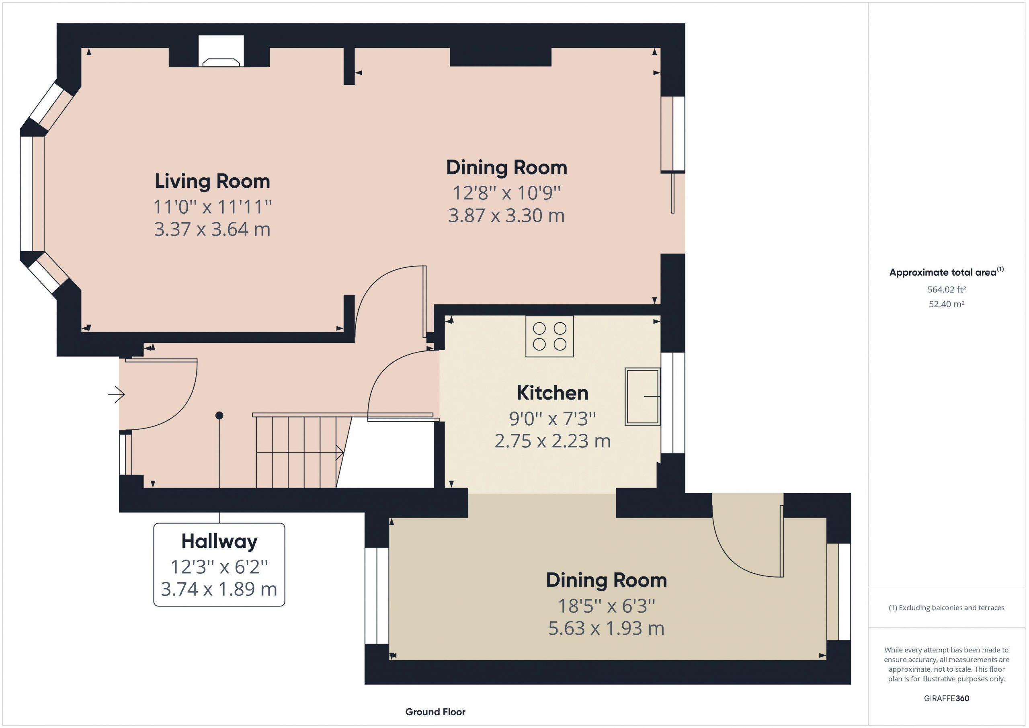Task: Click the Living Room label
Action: point(213,182)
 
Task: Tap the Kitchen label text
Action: point(552,393)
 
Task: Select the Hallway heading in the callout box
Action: point(219,542)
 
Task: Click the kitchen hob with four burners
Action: point(549,336)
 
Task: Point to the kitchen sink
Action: point(643,397)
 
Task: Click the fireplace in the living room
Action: point(221,51)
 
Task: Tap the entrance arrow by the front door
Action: point(116,394)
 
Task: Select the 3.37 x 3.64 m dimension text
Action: point(213,229)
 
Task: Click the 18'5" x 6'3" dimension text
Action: point(607,606)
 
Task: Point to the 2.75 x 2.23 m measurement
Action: point(553,441)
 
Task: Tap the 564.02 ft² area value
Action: point(947,289)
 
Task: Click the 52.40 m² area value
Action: point(947,304)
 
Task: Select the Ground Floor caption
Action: point(435,712)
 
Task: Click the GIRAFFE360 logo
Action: point(947,698)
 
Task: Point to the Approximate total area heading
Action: point(947,272)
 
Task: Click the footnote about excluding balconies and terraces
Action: point(947,608)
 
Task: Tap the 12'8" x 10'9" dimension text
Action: point(506,193)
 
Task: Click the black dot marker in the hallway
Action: point(219,416)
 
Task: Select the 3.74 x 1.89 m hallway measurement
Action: point(219,589)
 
